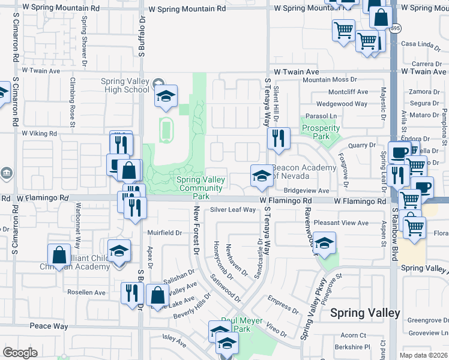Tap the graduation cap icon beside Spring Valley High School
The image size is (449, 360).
pyautogui.click(x=166, y=96)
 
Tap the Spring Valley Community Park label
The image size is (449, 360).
pyautogui.click(x=201, y=188)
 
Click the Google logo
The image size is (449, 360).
pyautogui.click(x=20, y=353)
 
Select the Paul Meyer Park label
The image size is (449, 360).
pyautogui.click(x=243, y=325)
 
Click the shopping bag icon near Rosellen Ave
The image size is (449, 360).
pyautogui.click(x=157, y=295)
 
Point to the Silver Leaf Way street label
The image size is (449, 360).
pyautogui.click(x=233, y=210)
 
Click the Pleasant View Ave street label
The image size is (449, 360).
pyautogui.click(x=341, y=223)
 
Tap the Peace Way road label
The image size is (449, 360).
pyautogui.click(x=49, y=326)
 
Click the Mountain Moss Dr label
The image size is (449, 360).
pyautogui.click(x=330, y=79)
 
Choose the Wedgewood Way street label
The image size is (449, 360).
pyautogui.click(x=342, y=104)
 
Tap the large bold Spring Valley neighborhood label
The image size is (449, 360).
pyautogui.click(x=365, y=313)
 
